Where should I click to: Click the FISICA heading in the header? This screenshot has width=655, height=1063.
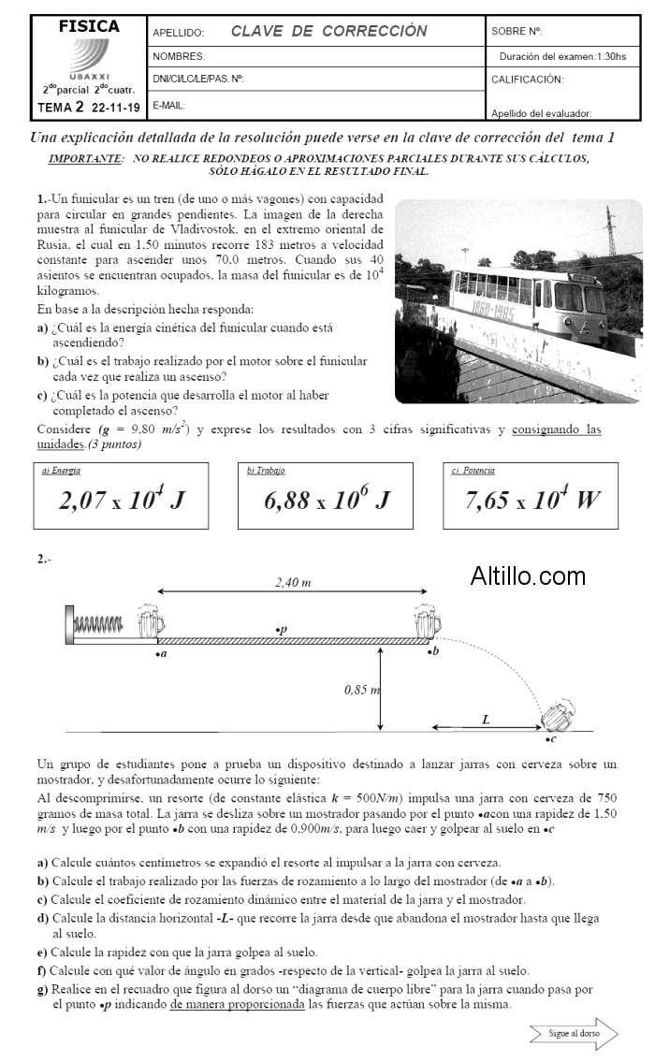tap(89, 27)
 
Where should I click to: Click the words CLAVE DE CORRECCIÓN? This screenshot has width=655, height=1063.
tap(328, 31)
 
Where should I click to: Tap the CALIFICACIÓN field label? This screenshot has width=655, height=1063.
tap(527, 80)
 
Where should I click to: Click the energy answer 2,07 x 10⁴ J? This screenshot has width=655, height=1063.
tap(121, 500)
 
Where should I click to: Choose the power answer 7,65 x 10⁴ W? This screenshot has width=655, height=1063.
tap(531, 500)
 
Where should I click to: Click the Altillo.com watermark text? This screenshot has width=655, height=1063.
tap(528, 576)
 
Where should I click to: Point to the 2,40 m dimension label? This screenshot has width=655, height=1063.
tap(293, 583)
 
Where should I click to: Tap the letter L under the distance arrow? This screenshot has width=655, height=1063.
tap(485, 719)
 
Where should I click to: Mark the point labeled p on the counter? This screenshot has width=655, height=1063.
tap(282, 631)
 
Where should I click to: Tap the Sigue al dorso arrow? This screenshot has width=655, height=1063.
tap(573, 1033)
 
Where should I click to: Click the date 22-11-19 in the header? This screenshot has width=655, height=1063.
tap(116, 108)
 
